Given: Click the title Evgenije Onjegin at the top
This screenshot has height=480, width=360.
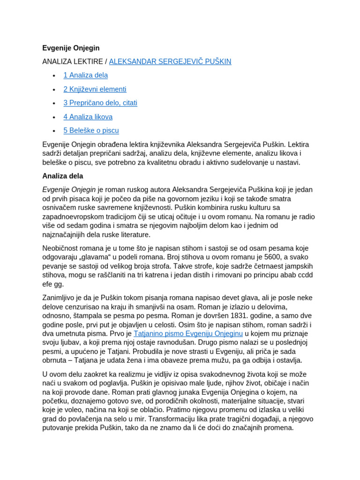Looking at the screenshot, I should (71, 48).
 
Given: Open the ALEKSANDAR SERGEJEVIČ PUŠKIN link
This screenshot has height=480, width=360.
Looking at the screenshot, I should (170, 61).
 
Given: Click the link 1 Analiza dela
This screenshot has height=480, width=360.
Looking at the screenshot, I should (85, 75).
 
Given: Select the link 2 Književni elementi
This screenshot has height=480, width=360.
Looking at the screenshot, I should (95, 89).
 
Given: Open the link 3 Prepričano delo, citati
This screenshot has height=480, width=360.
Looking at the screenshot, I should (100, 103).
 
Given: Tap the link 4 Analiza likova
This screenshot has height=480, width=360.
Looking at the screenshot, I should (88, 117).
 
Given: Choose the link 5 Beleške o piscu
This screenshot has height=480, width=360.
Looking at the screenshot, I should (91, 130).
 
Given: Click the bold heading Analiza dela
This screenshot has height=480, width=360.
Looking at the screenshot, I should (63, 176).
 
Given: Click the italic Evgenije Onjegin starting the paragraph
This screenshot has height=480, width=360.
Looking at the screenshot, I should (69, 189).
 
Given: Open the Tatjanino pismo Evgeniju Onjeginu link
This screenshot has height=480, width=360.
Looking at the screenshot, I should (188, 333).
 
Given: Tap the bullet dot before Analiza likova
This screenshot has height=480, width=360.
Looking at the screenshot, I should (54, 117).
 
